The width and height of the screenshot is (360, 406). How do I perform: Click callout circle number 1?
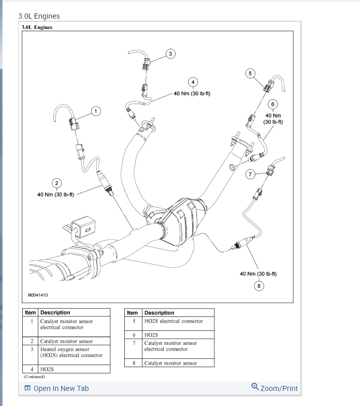coord(95,111)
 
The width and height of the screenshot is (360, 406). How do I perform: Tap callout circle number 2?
coord(56,182)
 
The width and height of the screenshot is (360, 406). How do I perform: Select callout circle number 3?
coord(170,53)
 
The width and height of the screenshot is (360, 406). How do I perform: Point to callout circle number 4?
coord(193,82)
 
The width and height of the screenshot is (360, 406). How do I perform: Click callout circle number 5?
coord(250,74)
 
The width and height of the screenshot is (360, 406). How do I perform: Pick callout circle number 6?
coord(272,104)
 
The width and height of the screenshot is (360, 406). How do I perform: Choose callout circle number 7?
coord(250,175)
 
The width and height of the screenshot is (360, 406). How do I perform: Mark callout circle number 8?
coord(258,285)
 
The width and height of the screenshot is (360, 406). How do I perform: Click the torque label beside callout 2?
coord(56,195)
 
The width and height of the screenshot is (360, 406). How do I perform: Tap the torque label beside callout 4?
coord(192,94)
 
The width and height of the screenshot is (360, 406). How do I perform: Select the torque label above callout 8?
coord(258,273)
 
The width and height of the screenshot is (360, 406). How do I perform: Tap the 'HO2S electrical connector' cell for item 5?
coord(174,321)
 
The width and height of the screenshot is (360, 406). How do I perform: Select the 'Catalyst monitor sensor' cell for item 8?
coord(170,363)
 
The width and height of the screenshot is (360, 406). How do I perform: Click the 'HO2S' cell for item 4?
coord(47,369)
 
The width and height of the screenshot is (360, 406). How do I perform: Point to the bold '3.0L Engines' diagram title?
coord(37,27)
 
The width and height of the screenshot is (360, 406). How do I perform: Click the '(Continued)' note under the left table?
coord(34,376)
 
